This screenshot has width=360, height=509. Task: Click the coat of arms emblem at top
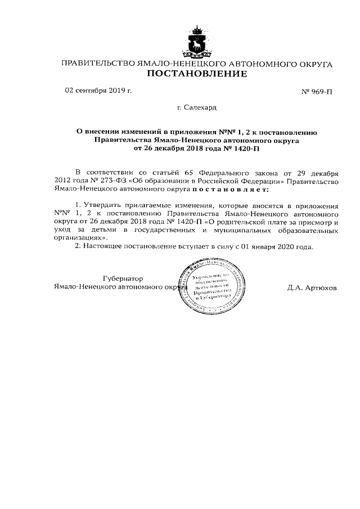(x=197, y=42)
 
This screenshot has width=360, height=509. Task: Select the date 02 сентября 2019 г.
(x=98, y=90)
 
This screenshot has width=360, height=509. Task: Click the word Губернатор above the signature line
(x=123, y=278)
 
